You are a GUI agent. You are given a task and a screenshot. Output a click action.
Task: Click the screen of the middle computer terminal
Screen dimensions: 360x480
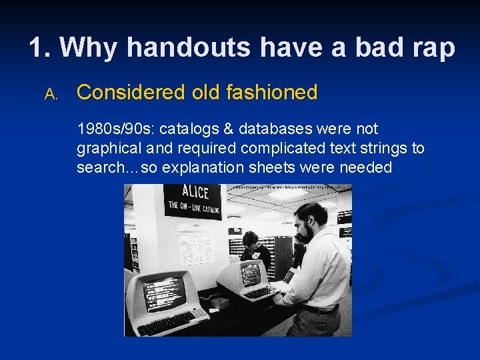(x=251, y=274)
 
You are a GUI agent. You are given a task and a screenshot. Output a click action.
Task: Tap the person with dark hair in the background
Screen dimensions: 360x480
(x=252, y=243)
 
